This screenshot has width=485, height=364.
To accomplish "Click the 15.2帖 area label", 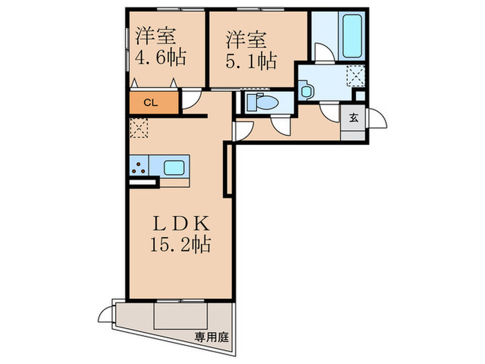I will tap(180, 245).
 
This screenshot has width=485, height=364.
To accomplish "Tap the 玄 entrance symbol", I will tap(353, 117).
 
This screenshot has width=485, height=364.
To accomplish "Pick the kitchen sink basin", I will tap(174, 167).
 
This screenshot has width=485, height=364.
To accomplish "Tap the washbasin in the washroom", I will tap(307, 89).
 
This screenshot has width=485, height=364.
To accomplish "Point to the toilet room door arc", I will tap(281, 125).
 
